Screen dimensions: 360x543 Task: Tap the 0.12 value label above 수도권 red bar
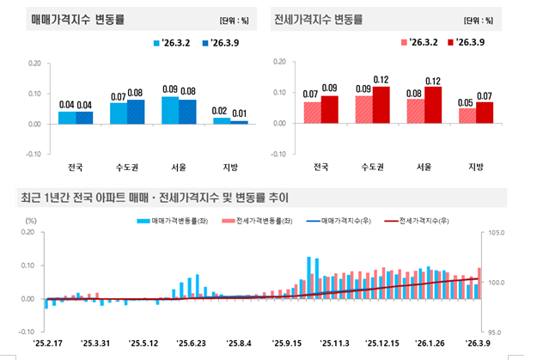coord(381,80)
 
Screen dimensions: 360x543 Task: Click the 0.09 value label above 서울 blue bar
coord(170,89)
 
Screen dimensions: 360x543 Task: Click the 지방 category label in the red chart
coord(479,167)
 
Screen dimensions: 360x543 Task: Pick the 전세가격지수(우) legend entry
coord(423,221)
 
